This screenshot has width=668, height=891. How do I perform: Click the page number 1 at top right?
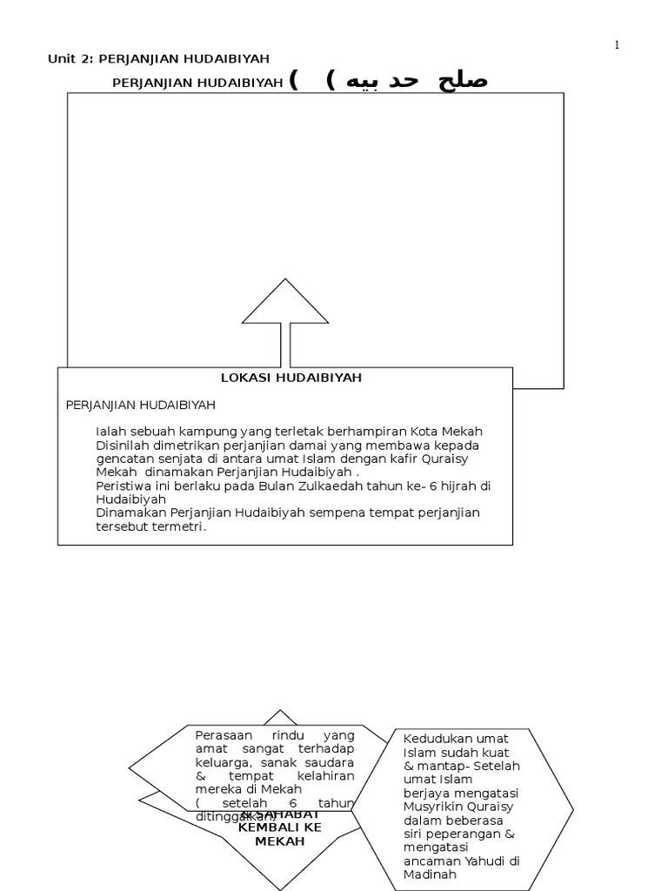pos(617,45)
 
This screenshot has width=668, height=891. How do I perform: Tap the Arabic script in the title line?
pos(417,81)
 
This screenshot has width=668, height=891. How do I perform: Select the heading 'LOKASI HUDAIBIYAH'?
pos(291,378)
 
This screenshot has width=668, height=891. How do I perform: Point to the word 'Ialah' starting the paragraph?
pos(110,432)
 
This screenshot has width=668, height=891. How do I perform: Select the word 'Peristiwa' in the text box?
pos(123,486)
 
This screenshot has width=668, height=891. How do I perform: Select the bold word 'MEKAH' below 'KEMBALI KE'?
pos(280,842)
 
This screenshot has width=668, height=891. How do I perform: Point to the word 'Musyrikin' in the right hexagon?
pos(431,807)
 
